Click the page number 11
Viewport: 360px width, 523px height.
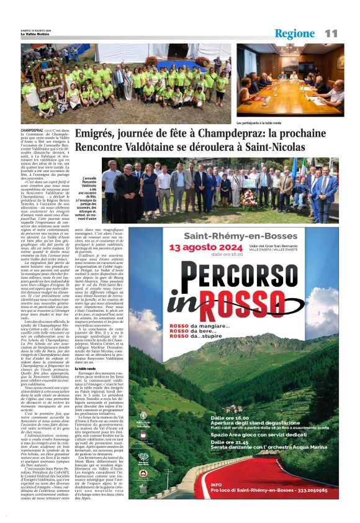[330, 33]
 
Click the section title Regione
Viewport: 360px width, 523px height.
[294, 34]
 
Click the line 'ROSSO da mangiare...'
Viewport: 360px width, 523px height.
[199, 328]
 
